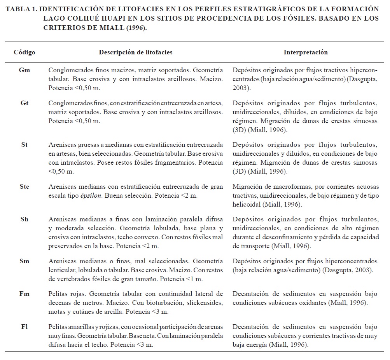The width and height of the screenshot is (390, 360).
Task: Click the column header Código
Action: [24, 52]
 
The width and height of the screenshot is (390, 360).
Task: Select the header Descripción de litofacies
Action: [135, 52]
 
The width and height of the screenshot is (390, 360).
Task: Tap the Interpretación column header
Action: [305, 52]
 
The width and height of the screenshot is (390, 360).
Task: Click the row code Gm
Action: [24, 70]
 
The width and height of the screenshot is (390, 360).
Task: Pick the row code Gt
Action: [24, 103]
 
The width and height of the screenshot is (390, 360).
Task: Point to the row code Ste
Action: [24, 187]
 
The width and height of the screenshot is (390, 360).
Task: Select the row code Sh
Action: [24, 219]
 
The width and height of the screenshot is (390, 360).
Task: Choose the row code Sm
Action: [24, 261]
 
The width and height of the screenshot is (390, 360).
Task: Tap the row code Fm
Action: [24, 294]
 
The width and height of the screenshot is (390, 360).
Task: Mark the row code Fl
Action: [24, 327]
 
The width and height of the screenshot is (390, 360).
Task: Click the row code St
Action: [24, 145]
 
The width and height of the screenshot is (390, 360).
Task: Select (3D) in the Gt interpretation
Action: [239, 129]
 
